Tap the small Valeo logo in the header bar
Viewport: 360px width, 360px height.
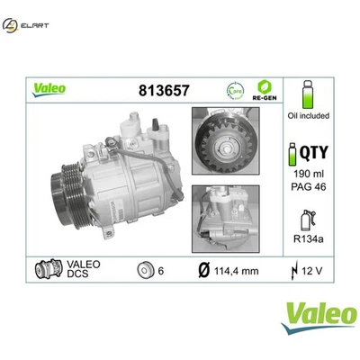(x=48, y=89)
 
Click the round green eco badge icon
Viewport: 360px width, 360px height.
(x=234, y=90)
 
